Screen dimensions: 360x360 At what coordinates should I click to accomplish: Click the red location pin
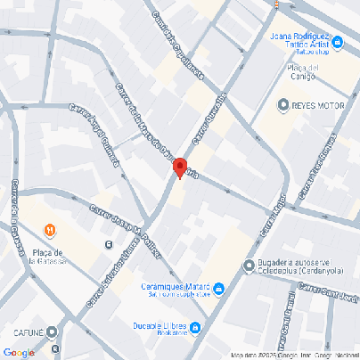point(179,168)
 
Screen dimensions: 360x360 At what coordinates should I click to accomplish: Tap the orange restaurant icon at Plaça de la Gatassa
point(51,232)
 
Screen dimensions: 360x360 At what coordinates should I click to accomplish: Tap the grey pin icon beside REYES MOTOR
point(282,105)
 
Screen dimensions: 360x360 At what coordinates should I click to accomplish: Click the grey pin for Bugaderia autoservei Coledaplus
point(249,266)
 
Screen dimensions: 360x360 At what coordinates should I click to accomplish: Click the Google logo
point(20,351)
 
